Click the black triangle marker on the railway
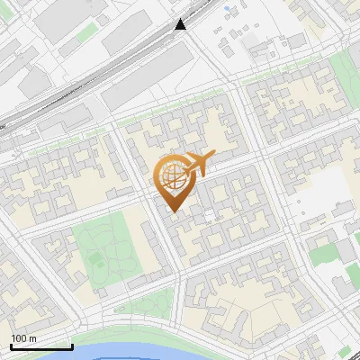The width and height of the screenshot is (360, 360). [x=181, y=24]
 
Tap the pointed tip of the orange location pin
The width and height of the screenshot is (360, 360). [x=173, y=211]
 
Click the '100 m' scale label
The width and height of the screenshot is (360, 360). [x=23, y=338]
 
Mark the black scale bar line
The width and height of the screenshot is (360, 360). [x=41, y=346]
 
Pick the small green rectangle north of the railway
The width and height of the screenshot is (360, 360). [x=85, y=32]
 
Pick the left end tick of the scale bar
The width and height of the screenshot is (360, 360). [x=12, y=346]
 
